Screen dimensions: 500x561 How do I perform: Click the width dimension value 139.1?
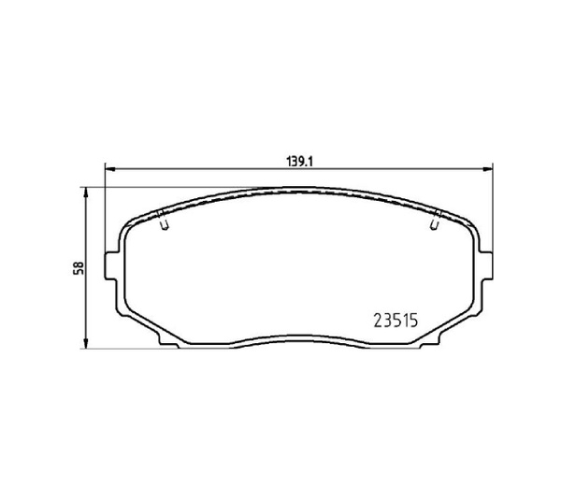297,160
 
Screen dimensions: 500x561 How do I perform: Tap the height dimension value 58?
79,267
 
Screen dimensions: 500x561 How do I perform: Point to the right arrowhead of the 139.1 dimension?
489,169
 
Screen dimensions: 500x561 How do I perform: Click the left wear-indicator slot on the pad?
164,223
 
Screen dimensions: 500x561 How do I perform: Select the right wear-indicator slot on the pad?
435,223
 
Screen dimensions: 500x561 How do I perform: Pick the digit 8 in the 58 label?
79,263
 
